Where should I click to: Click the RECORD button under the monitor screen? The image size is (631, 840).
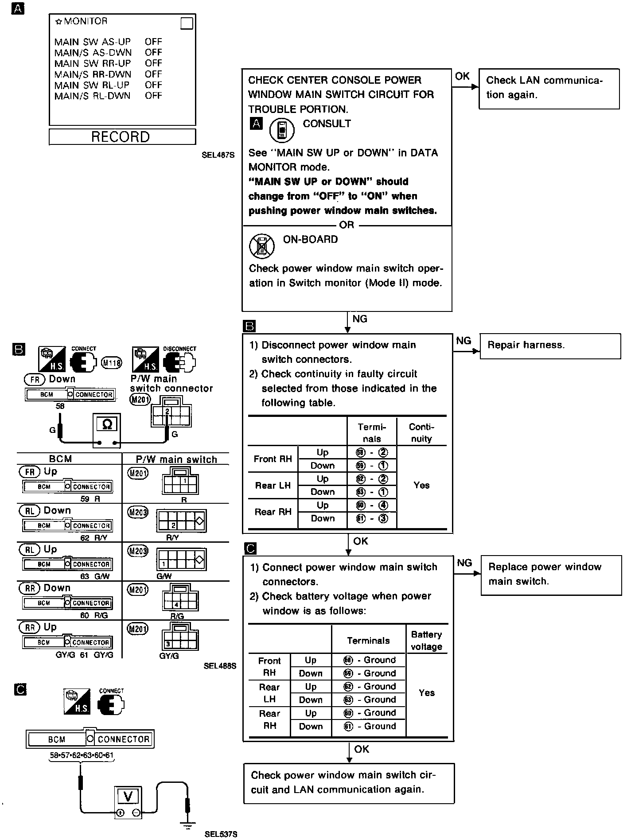[122, 137]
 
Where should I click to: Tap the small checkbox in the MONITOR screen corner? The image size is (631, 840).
[187, 23]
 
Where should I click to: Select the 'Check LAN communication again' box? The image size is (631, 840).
[549, 88]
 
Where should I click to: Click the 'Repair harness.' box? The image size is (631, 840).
[550, 346]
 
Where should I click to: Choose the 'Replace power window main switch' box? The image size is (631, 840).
[551, 575]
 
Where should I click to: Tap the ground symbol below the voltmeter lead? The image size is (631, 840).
[188, 825]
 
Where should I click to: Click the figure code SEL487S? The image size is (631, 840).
[218, 156]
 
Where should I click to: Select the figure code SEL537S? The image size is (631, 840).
[221, 834]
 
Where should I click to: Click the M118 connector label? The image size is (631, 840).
[112, 363]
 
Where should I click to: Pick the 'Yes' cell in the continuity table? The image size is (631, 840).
[421, 486]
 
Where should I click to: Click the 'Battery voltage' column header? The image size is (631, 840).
[426, 641]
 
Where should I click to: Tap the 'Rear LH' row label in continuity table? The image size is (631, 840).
[273, 486]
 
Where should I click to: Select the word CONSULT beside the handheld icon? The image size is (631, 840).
[327, 124]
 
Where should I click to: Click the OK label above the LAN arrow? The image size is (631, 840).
[462, 76]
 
